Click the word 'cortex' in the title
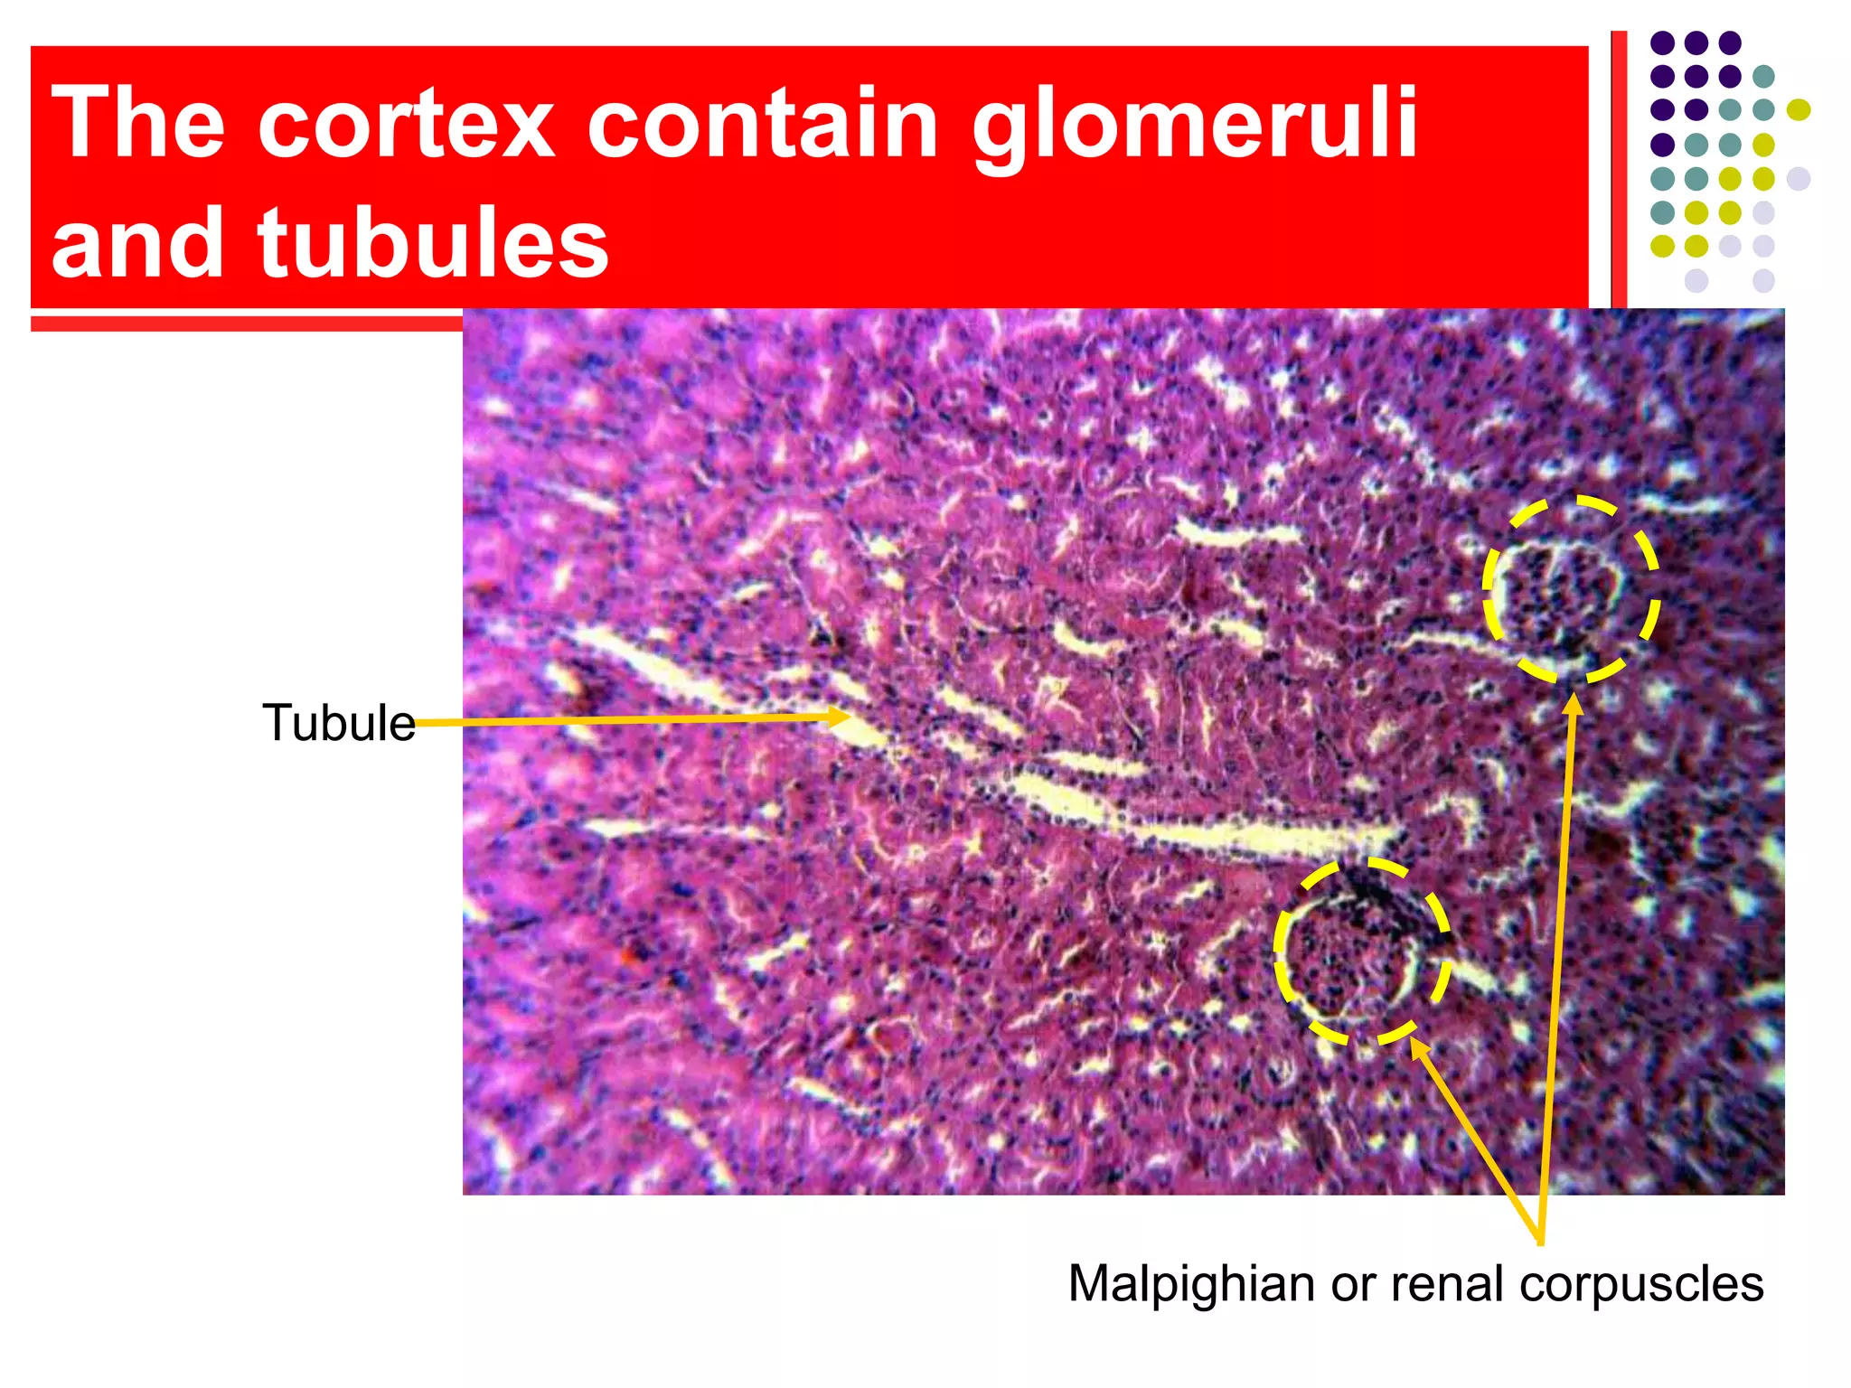pos(405,124)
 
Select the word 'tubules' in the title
pos(433,242)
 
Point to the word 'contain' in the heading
pos(763,124)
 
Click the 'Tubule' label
pos(338,723)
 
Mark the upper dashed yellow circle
pos(1572,588)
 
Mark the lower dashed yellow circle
pos(1362,951)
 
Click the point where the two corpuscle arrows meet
pos(1540,1242)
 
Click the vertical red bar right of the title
pos(1619,172)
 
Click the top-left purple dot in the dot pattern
pos(1662,42)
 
